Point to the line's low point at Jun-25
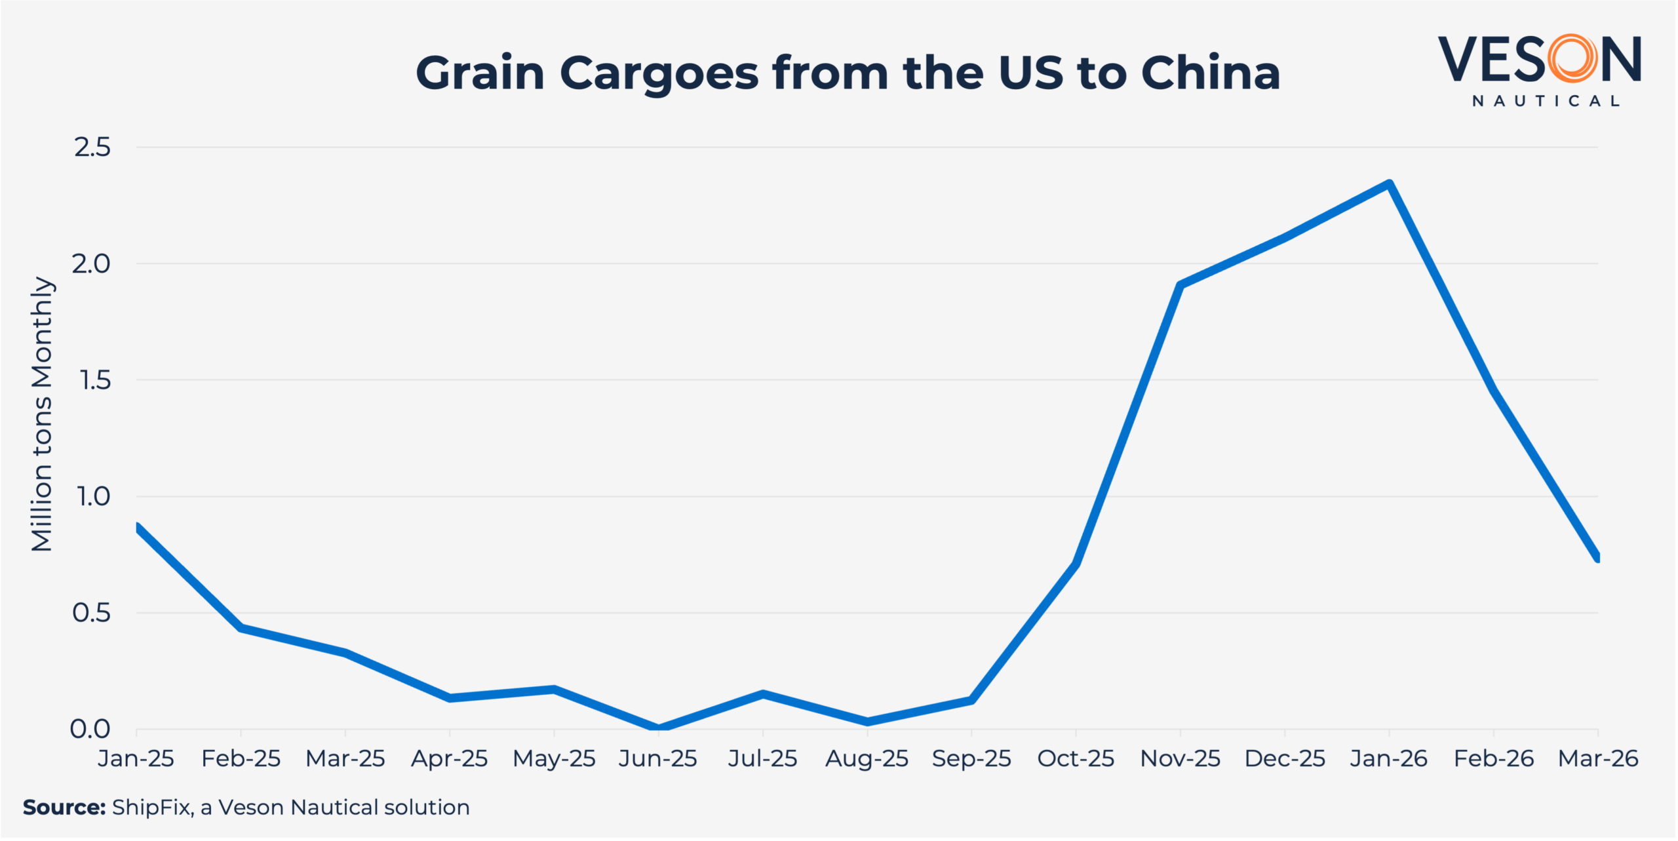(658, 728)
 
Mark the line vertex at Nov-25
(1180, 285)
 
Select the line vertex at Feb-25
(241, 628)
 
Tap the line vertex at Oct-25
(1076, 564)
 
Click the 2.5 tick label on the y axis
(92, 147)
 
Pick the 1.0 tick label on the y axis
(94, 497)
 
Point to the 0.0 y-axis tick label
(90, 729)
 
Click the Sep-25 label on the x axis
(971, 759)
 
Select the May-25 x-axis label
(554, 759)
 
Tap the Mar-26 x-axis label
(1598, 759)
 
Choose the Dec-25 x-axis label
(1285, 759)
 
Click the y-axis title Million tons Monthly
(42, 414)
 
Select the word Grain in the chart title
(480, 73)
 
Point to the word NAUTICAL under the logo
(1546, 101)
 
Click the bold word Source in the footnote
(64, 808)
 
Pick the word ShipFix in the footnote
(152, 808)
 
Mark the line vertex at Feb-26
(1494, 389)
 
